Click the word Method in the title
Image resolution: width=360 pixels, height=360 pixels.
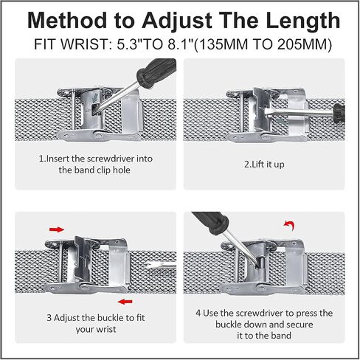pos(67,21)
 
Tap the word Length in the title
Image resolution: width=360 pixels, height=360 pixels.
pos(303,21)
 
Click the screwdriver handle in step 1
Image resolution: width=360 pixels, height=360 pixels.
pos(156,71)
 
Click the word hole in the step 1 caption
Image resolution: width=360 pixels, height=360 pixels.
pos(122,170)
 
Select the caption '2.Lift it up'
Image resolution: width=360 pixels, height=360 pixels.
pos(264,165)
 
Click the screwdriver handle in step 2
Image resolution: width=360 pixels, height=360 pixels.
pos(339,113)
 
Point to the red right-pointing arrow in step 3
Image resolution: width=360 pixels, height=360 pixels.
pos(57,229)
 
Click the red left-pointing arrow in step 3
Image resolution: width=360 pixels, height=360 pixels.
pos(125,302)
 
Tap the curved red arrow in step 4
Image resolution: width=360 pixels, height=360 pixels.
pos(289,225)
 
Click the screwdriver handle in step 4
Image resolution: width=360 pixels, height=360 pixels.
pos(210,223)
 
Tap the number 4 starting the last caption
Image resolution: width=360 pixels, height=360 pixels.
pos(198,314)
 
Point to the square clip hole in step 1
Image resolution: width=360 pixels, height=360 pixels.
pos(94,109)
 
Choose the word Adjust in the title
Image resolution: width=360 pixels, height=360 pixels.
pos(177,21)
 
